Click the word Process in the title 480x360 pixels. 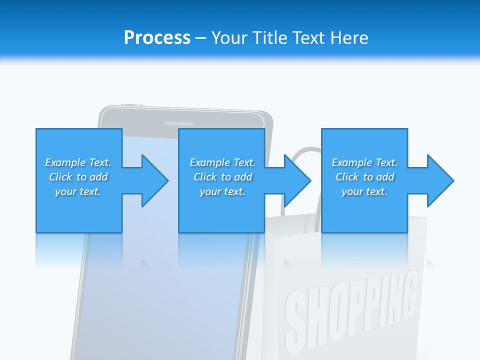click(x=157, y=37)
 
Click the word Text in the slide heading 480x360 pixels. click(x=310, y=37)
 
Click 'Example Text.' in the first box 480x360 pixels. click(x=78, y=162)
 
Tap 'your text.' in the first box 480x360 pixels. click(x=78, y=191)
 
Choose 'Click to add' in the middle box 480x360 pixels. click(x=222, y=177)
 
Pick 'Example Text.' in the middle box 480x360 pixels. click(x=222, y=162)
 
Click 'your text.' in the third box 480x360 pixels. click(x=364, y=191)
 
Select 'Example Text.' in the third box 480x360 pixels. click(x=364, y=162)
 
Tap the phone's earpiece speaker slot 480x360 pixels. click(x=178, y=123)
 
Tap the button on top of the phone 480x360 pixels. click(x=131, y=105)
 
